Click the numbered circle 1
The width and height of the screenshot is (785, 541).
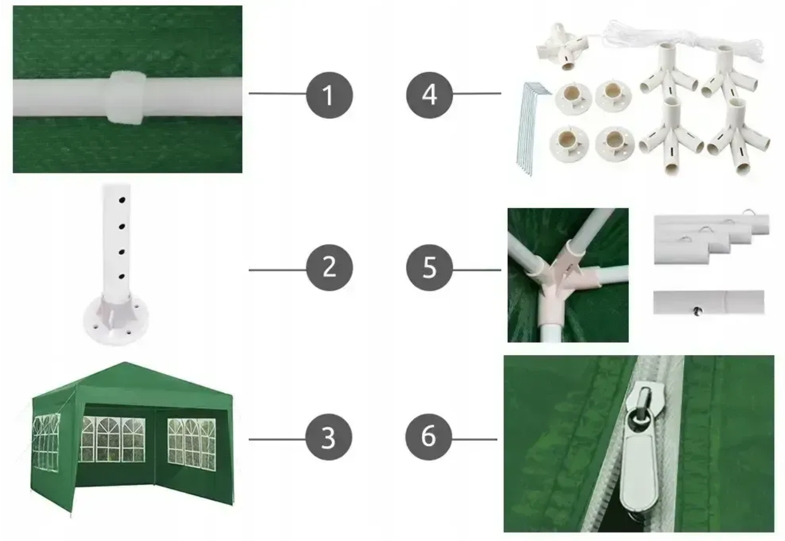click(329, 95)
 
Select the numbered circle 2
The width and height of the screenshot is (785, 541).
click(329, 267)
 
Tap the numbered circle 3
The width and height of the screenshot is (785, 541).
click(329, 437)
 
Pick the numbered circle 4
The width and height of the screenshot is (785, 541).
click(430, 95)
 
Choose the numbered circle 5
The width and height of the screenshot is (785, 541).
click(430, 267)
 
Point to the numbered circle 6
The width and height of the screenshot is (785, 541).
click(429, 437)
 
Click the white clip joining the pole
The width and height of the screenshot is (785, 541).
click(125, 98)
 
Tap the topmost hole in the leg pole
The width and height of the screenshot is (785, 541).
click(122, 200)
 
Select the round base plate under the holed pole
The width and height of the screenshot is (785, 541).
click(116, 321)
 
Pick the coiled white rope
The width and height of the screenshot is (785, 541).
click(683, 42)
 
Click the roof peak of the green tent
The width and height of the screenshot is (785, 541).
click(125, 363)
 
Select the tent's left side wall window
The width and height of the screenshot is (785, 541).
click(46, 443)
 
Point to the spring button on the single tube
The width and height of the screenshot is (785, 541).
click(697, 310)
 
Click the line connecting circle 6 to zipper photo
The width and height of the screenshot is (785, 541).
click(475, 439)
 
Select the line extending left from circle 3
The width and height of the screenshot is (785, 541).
click(277, 439)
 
